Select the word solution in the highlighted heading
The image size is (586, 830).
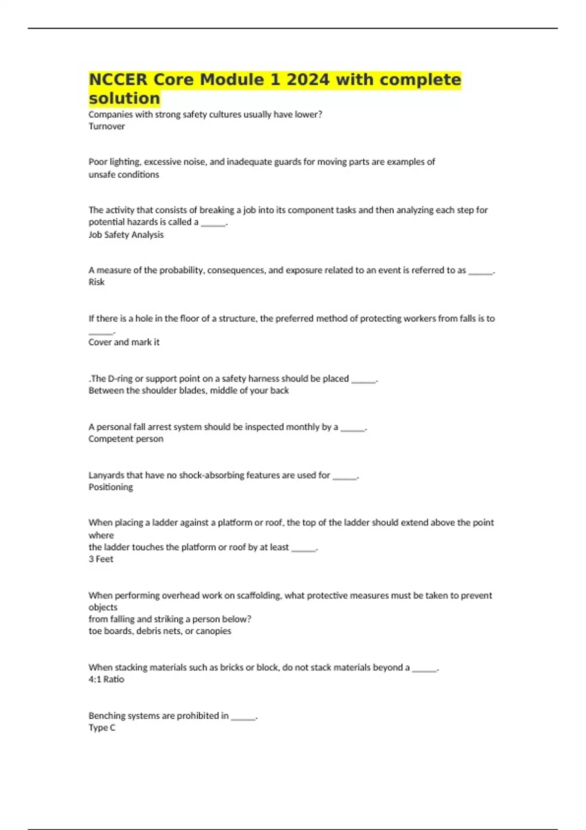(124, 98)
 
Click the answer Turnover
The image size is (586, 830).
(106, 126)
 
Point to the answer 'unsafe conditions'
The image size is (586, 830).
(124, 174)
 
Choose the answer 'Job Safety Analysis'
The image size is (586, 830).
(126, 235)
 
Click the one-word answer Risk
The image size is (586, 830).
(96, 282)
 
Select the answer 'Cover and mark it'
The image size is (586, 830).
(124, 342)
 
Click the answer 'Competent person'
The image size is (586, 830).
(126, 439)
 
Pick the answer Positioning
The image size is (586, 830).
(110, 487)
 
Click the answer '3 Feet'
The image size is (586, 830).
(101, 559)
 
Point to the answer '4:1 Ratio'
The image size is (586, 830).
(106, 679)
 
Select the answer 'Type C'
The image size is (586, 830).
(102, 727)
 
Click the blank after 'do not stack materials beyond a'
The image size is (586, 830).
(424, 668)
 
